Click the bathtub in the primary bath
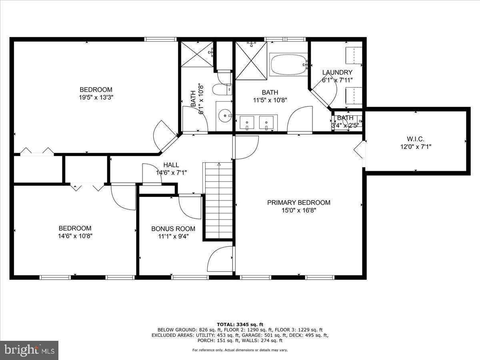(x=288, y=65)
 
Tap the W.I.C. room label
(x=416, y=139)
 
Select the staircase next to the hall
(x=219, y=200)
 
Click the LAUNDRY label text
(x=337, y=72)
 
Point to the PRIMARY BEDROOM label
(x=298, y=202)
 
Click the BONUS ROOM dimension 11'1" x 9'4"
(x=173, y=236)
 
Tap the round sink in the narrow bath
(x=226, y=116)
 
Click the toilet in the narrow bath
(x=221, y=90)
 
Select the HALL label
(x=171, y=165)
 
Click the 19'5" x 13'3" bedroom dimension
(x=96, y=97)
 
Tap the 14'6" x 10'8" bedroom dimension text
(x=75, y=236)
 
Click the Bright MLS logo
(x=29, y=350)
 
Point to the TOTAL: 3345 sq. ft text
(x=240, y=324)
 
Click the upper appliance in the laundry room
(x=354, y=55)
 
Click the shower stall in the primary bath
(x=251, y=60)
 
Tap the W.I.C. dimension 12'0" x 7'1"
(x=416, y=147)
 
